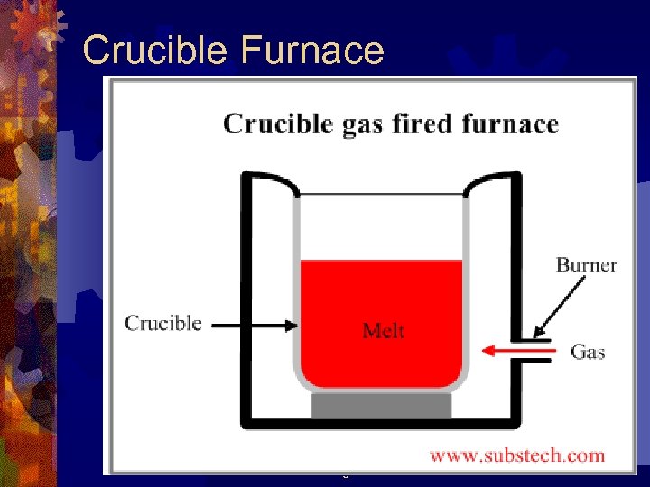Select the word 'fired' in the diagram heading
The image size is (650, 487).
tap(422, 124)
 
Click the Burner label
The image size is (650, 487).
tap(586, 265)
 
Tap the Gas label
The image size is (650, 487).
tap(588, 352)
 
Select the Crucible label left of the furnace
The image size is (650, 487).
tap(162, 323)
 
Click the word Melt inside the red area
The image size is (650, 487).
tap(383, 331)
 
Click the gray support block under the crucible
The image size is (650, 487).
tap(381, 405)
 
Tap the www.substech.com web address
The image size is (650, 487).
tap(517, 455)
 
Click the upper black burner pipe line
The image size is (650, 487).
tap(534, 340)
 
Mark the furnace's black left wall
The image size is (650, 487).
tap(245, 298)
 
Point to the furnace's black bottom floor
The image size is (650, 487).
tap(381, 423)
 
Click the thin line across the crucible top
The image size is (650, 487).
tap(381, 195)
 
